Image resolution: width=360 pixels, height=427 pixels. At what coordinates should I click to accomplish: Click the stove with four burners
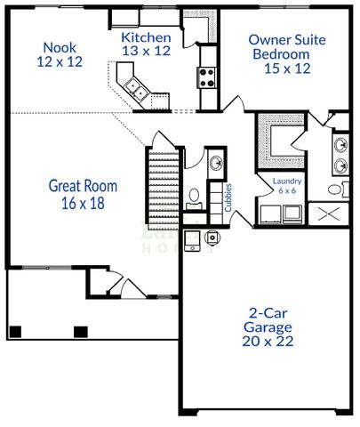(x=208, y=77)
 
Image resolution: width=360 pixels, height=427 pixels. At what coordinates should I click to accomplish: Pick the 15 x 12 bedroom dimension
(x=285, y=68)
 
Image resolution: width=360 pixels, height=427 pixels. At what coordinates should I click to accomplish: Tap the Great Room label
(x=83, y=186)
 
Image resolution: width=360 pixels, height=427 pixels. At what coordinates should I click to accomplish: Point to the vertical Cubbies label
(x=228, y=198)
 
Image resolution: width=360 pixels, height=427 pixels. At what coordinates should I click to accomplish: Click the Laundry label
(x=286, y=181)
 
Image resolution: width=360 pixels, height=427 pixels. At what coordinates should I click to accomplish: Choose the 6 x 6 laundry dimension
(x=286, y=190)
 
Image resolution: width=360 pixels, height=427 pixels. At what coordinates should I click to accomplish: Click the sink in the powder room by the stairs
(x=216, y=164)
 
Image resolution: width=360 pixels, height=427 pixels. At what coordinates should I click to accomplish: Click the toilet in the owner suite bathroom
(x=332, y=189)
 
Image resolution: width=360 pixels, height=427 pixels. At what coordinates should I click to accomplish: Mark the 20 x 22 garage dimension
(x=268, y=340)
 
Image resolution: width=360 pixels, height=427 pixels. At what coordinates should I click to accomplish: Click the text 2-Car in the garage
(x=268, y=312)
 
